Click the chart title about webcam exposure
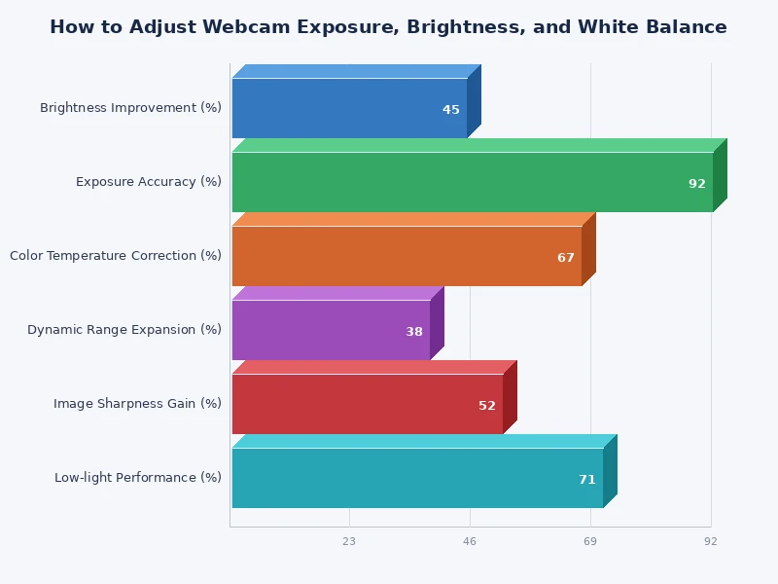(x=388, y=27)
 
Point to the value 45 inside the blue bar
(x=451, y=110)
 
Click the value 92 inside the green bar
(x=697, y=184)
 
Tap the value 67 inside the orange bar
(x=566, y=258)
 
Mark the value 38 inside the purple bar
(x=414, y=332)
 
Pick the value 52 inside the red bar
(x=487, y=406)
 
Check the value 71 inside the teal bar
(x=587, y=480)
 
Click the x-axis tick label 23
(x=349, y=541)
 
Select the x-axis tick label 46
(x=470, y=541)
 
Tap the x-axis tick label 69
(x=590, y=541)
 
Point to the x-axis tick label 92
(x=711, y=541)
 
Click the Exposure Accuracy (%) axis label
(x=149, y=182)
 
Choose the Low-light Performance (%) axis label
(x=138, y=478)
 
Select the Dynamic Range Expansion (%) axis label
(x=124, y=330)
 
